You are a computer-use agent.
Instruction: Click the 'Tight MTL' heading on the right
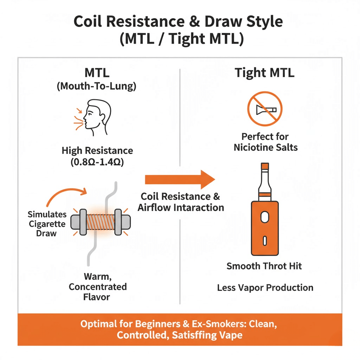click(x=264, y=73)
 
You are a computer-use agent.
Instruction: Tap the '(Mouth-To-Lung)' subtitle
click(x=96, y=86)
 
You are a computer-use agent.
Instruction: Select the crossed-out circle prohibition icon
click(x=265, y=109)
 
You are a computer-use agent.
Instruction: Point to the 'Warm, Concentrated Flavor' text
click(x=97, y=287)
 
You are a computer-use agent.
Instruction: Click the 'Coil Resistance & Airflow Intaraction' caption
click(x=181, y=202)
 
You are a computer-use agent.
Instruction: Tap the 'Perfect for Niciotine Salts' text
click(x=265, y=141)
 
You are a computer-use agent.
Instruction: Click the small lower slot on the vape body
click(x=265, y=240)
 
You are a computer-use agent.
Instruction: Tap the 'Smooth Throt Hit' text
click(x=264, y=266)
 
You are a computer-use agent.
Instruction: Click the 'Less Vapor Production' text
click(x=265, y=288)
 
